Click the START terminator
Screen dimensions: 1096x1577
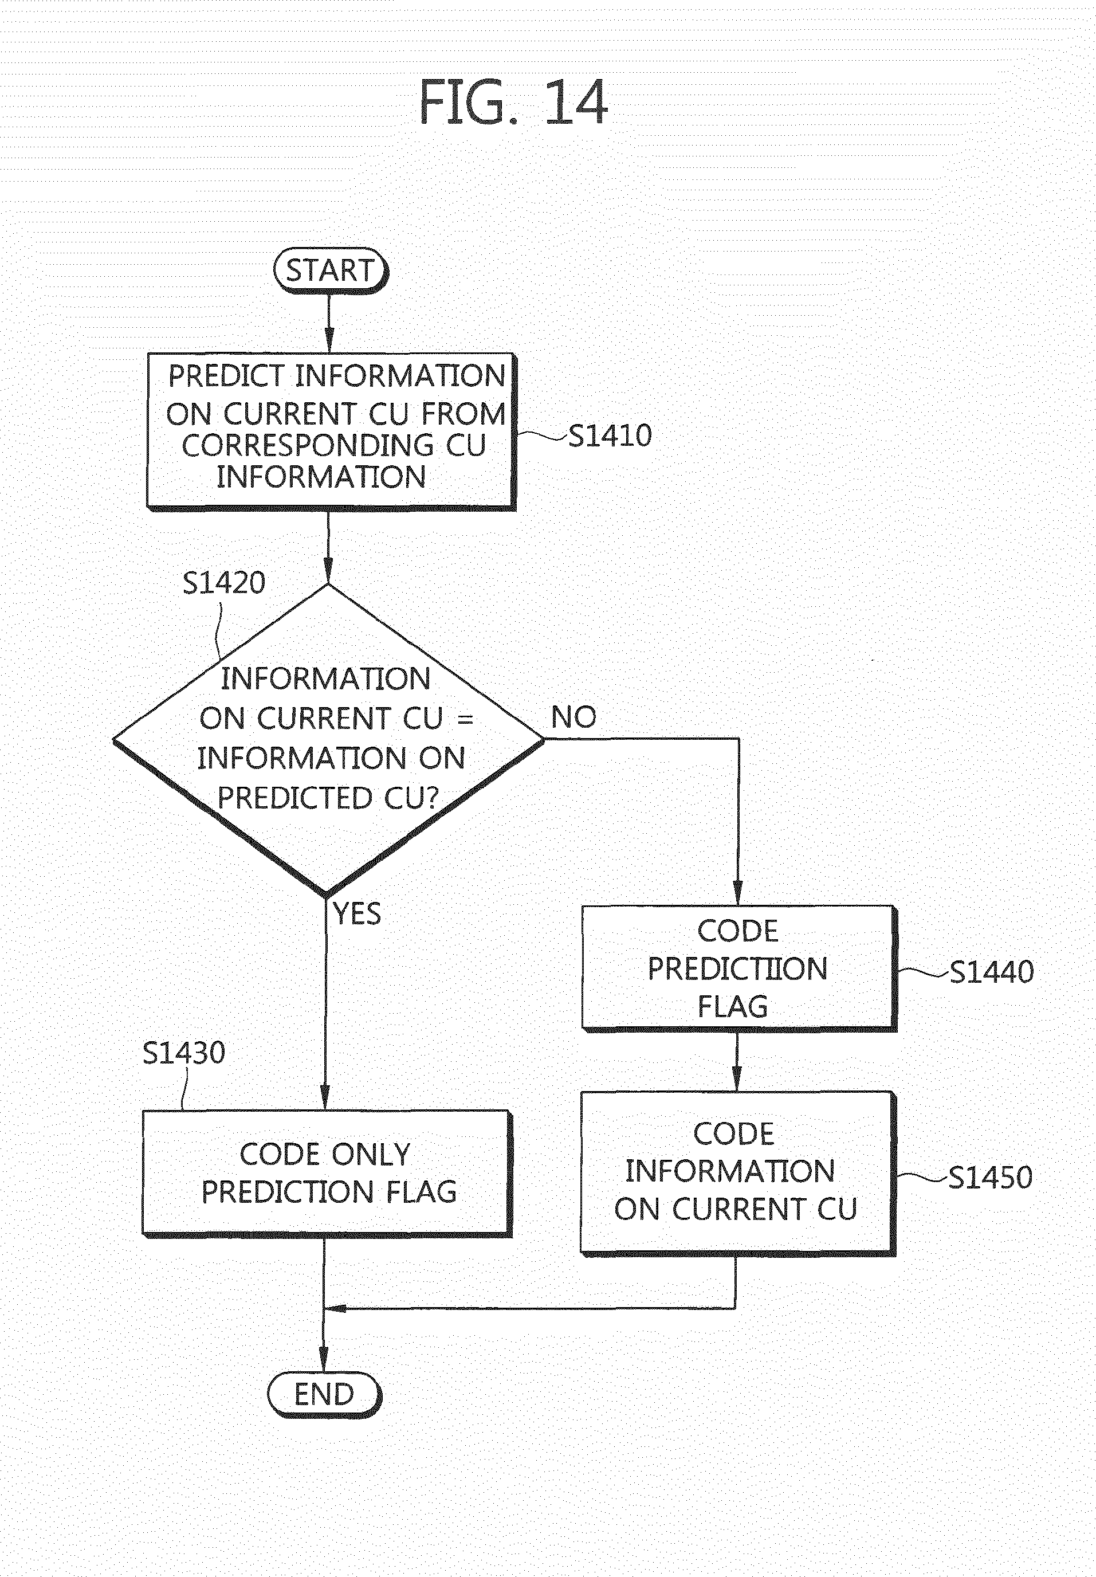pyautogui.click(x=331, y=270)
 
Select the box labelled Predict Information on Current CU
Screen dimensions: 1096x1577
pyautogui.click(x=331, y=431)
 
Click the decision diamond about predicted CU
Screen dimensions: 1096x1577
pyautogui.click(x=328, y=740)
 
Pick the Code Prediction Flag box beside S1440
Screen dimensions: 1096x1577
pyautogui.click(x=739, y=968)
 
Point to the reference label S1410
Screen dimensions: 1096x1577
pyautogui.click(x=610, y=436)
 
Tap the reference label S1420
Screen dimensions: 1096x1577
pyautogui.click(x=224, y=583)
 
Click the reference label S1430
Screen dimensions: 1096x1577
pyautogui.click(x=184, y=1053)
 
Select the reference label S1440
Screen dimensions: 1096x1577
pyautogui.click(x=992, y=972)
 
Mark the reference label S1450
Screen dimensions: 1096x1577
pyautogui.click(x=990, y=1177)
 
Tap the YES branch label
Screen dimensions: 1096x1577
pyautogui.click(x=357, y=913)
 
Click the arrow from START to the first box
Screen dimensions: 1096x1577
pyautogui.click(x=329, y=324)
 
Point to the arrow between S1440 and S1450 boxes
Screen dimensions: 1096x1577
pyautogui.click(x=737, y=1061)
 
